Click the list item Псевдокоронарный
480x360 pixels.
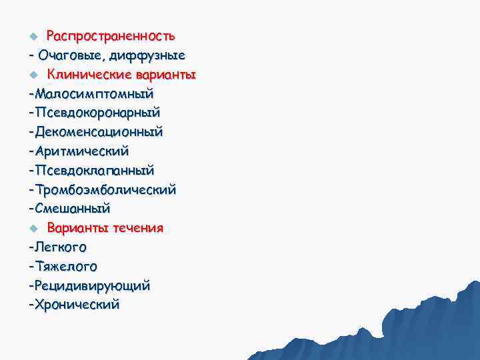97,111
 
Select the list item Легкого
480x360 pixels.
60,247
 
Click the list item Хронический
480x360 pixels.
77,305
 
